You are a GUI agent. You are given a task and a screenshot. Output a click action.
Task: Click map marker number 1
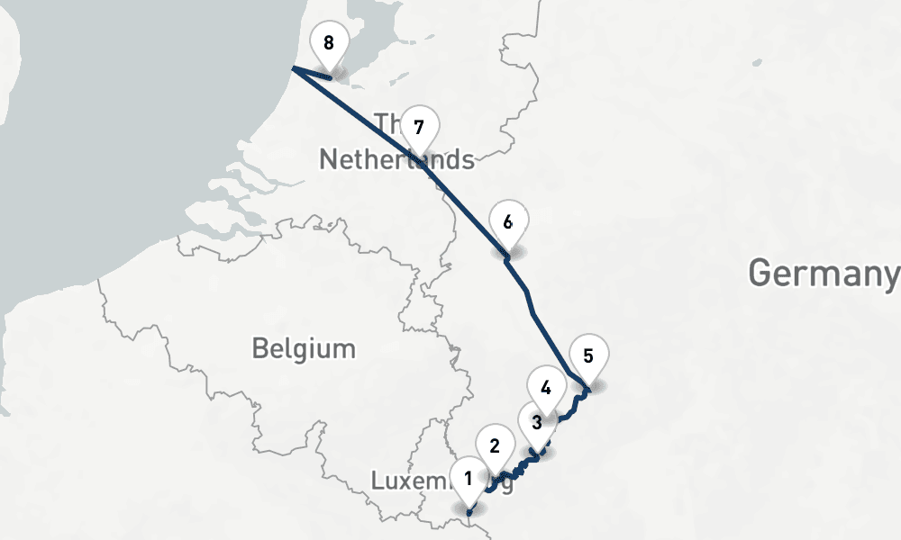tap(469, 480)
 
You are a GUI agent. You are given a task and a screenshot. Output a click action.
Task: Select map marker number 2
tap(494, 446)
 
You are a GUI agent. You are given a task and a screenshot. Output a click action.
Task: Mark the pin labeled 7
tap(418, 127)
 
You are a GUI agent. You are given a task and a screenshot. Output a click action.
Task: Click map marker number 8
tap(328, 44)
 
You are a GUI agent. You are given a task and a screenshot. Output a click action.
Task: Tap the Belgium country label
tap(304, 348)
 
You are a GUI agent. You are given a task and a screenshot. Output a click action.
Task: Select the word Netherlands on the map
tap(396, 159)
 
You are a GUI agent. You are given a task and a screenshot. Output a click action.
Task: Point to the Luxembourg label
tap(441, 481)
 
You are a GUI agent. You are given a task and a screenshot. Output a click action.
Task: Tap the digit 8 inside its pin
tap(328, 42)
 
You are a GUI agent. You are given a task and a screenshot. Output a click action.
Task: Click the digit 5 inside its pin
tap(588, 355)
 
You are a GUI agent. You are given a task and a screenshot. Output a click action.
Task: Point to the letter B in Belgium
tap(259, 348)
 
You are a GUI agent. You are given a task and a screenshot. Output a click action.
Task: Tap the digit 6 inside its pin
tap(508, 221)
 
